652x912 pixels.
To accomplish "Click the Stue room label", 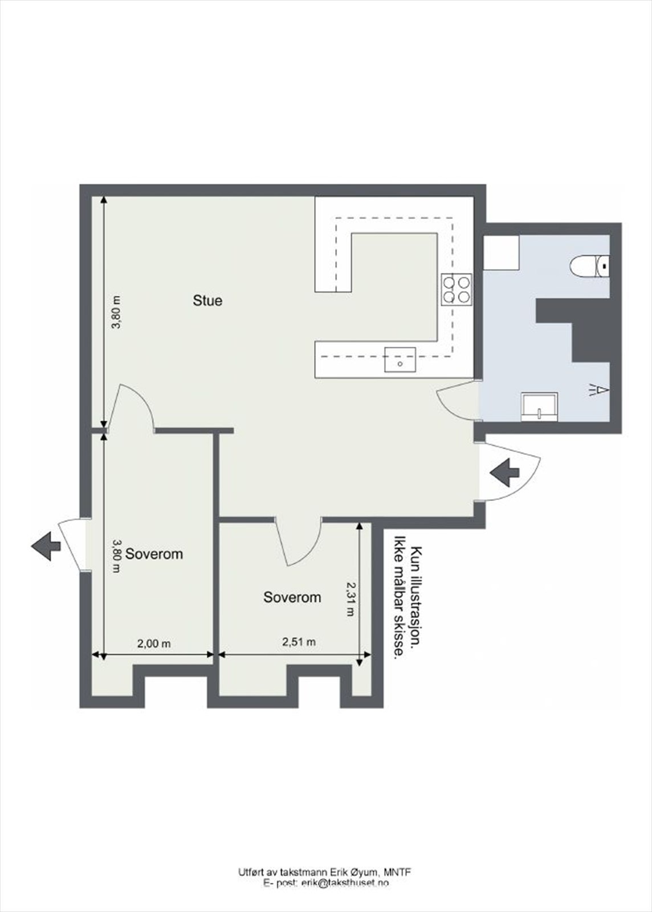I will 207,300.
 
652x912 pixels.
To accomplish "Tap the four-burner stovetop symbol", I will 457,289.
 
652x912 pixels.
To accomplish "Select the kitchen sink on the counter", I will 400,360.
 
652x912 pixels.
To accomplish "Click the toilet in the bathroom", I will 589,266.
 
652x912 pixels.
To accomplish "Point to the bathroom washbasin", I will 539,407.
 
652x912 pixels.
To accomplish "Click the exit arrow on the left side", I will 46,545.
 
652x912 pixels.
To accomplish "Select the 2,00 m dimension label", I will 154,644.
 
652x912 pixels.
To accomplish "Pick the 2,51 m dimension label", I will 299,642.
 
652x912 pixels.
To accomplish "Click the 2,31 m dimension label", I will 351,598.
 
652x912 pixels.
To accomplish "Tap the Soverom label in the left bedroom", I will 154,553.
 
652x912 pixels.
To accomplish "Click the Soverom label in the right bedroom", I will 292,597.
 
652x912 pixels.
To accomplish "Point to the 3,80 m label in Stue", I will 116,312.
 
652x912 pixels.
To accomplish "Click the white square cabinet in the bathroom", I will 501,253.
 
